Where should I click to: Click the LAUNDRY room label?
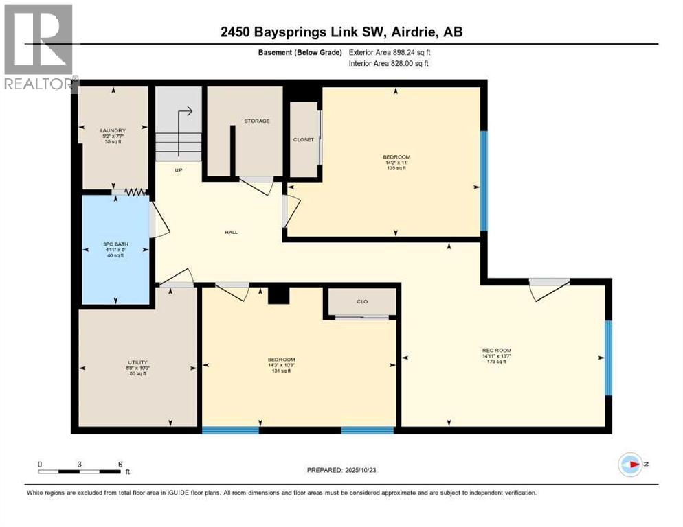[113, 130]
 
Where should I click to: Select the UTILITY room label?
[137, 362]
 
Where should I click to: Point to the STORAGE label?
[257, 121]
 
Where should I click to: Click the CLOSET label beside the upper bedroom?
[303, 139]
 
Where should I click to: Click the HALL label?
[231, 232]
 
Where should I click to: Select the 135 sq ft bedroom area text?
[396, 168]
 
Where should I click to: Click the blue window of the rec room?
[607, 358]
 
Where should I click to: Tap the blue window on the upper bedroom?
[484, 180]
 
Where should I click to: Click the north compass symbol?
[629, 465]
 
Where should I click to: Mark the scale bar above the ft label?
[80, 471]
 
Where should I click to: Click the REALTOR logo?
[38, 47]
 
